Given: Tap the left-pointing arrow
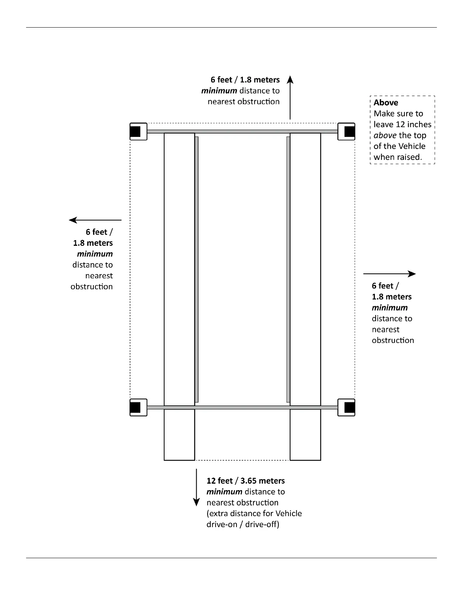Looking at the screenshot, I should (95, 220).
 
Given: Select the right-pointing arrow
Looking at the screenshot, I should (389, 273).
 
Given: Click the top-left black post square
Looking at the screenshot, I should (135, 132).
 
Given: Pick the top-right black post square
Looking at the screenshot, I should (349, 132).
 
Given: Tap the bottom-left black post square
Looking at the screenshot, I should (135, 407).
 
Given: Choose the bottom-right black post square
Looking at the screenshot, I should (349, 407).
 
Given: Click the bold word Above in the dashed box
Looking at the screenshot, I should (386, 102).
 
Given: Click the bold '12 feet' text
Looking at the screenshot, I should (219, 481).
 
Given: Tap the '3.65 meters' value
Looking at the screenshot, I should (263, 481).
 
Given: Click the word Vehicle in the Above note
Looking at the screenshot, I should (410, 146).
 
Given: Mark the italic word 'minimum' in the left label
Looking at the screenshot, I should (95, 254).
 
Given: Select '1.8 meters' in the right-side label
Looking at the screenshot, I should (392, 297).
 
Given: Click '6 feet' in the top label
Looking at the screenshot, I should (221, 80).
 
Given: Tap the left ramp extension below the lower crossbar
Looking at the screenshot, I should (179, 435).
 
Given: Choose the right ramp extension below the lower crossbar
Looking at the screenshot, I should (305, 435).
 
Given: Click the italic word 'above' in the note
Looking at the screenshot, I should (385, 135).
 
